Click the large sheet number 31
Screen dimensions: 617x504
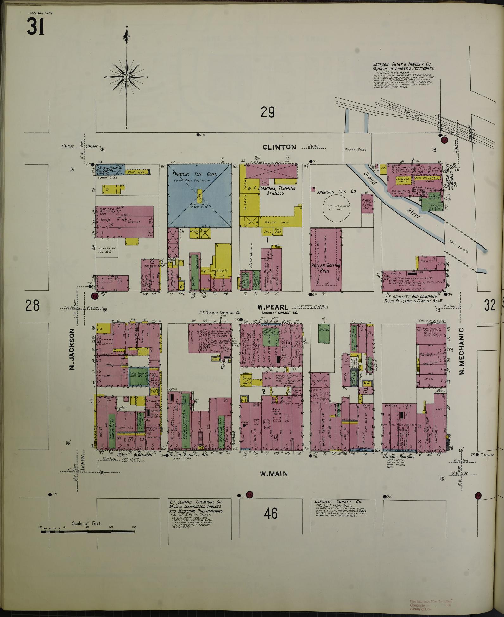[35, 27]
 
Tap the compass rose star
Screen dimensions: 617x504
[127, 77]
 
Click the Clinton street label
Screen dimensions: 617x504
[280, 147]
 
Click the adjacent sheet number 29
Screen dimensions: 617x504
[268, 112]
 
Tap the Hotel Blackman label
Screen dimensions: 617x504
[135, 455]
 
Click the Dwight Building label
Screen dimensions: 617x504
[399, 457]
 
